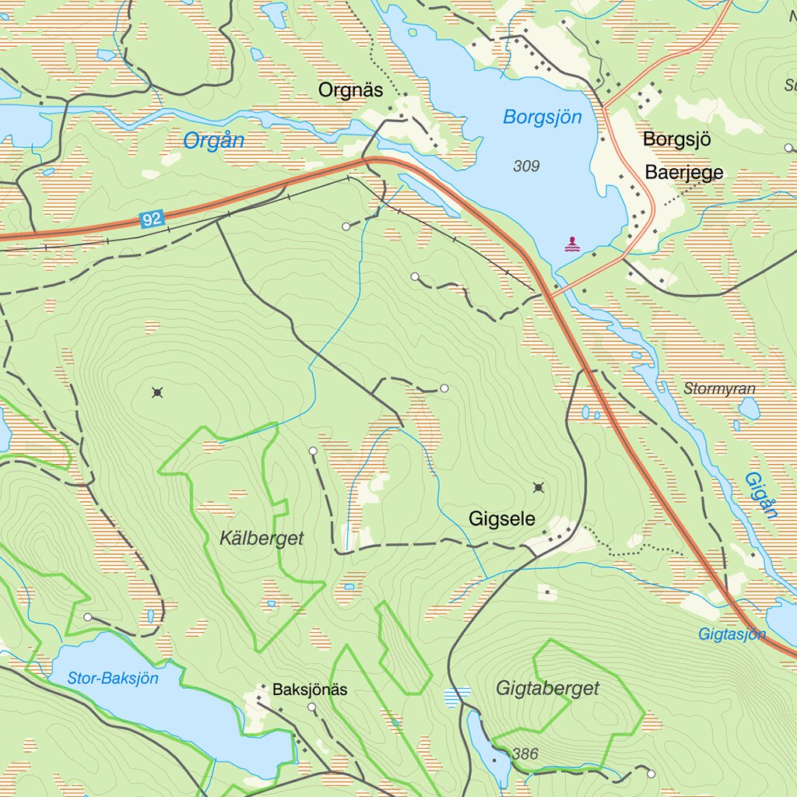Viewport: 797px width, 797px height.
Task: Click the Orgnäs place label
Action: (350, 90)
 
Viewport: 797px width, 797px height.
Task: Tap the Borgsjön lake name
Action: (542, 118)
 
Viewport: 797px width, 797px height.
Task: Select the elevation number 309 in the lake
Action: (526, 166)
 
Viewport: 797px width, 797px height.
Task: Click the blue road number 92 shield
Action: (153, 219)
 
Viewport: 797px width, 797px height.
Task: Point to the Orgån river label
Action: (213, 141)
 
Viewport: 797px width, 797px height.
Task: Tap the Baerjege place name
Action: (683, 173)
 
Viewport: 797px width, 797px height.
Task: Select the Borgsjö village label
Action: (677, 140)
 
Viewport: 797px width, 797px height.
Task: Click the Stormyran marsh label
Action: (720, 388)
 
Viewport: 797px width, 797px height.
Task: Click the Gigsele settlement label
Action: (502, 519)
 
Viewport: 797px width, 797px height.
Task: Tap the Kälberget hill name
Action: (261, 539)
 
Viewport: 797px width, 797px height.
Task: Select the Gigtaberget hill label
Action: (548, 688)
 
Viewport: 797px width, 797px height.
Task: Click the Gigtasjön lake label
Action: (732, 634)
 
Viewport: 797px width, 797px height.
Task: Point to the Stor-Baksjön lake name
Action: (113, 678)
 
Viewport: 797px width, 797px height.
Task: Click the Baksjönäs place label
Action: (310, 690)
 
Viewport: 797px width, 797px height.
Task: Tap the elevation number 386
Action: (525, 753)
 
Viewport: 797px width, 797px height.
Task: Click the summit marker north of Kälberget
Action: (158, 392)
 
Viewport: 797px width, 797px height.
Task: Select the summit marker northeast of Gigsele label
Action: (538, 488)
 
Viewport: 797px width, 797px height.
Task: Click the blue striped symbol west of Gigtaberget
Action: (457, 696)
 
